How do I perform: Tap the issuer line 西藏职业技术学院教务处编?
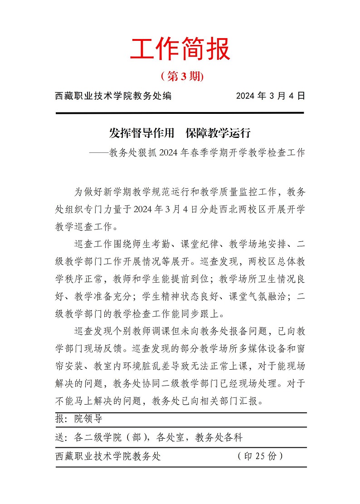pos(113,96)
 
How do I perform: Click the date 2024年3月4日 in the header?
pos(271,96)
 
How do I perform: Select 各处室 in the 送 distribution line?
pos(170,438)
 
